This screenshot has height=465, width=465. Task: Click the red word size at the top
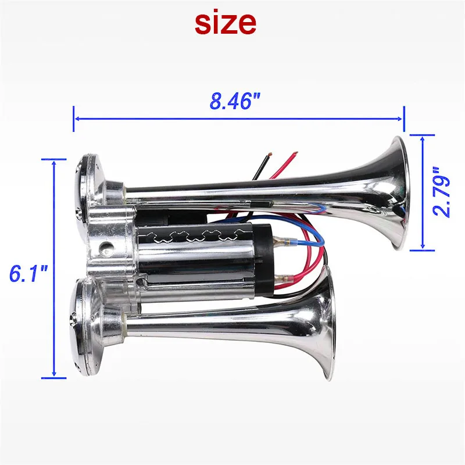point(225,22)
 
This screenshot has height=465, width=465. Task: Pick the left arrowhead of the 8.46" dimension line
point(76,119)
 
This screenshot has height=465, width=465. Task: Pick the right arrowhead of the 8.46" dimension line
point(402,119)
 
